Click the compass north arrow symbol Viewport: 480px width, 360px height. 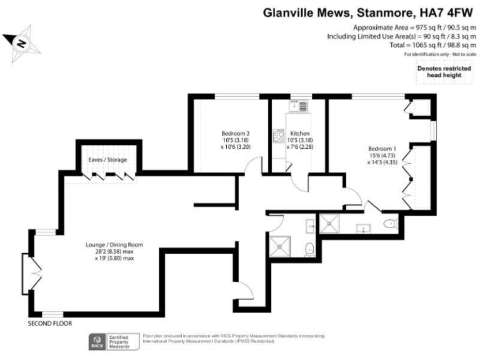point(20,42)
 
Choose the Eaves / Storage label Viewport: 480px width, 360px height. point(107,160)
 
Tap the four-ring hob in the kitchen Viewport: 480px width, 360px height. point(278,136)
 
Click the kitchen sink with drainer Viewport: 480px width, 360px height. point(297,105)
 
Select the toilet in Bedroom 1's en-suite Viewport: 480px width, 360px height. point(390,223)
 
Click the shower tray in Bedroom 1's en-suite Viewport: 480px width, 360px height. point(328,223)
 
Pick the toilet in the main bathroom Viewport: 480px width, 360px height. point(309,250)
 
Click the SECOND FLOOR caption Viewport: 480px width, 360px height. point(50,324)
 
